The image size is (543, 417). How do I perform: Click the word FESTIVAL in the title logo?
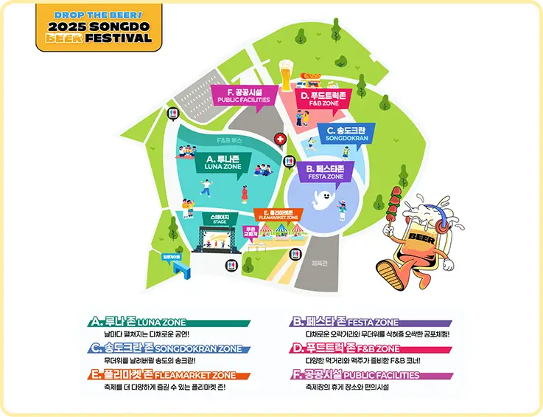pos(119,38)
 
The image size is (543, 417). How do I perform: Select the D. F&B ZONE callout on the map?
pos(320,99)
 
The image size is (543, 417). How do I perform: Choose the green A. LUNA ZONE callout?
pos(222,162)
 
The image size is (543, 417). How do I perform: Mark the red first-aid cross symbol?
pos(280,139)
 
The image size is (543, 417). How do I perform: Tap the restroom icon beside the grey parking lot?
pos(174,114)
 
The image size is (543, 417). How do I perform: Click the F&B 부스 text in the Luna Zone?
pos(224,139)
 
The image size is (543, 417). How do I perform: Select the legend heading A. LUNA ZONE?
pos(138,323)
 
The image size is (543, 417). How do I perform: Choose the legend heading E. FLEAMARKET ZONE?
pos(163,375)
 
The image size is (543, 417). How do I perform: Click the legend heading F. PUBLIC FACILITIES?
pos(357,375)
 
